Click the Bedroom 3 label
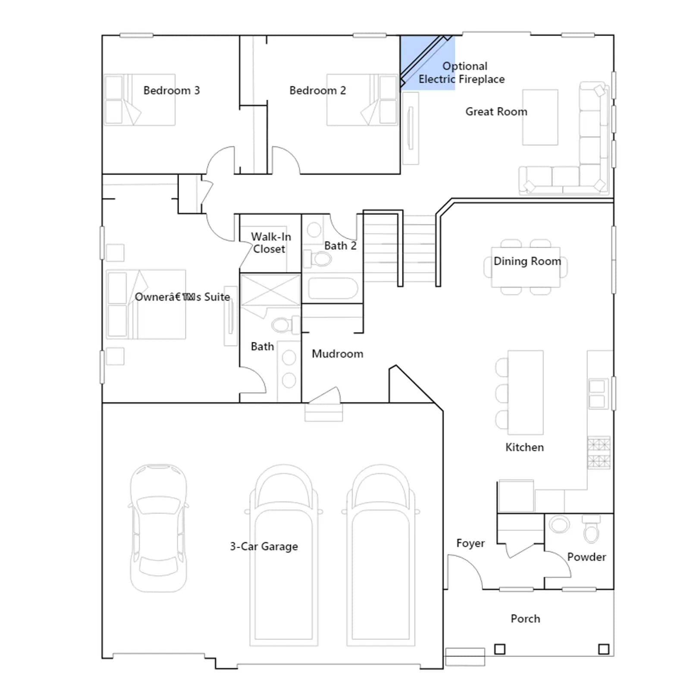point(172,91)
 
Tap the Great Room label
point(496,112)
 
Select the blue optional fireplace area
point(427,63)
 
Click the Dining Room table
point(526,267)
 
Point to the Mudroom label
point(337,354)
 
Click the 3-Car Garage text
point(263,546)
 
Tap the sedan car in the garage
point(159,528)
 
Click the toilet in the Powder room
point(591,529)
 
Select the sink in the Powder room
point(559,524)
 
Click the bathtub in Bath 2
point(333,289)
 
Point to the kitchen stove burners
point(599,453)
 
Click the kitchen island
point(525,392)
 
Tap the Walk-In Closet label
point(270,243)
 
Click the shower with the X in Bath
point(270,290)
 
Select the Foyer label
point(470,543)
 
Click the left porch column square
point(499,649)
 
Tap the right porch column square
point(604,649)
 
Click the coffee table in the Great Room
point(540,117)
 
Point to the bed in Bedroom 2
point(361,100)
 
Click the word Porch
point(525,619)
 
